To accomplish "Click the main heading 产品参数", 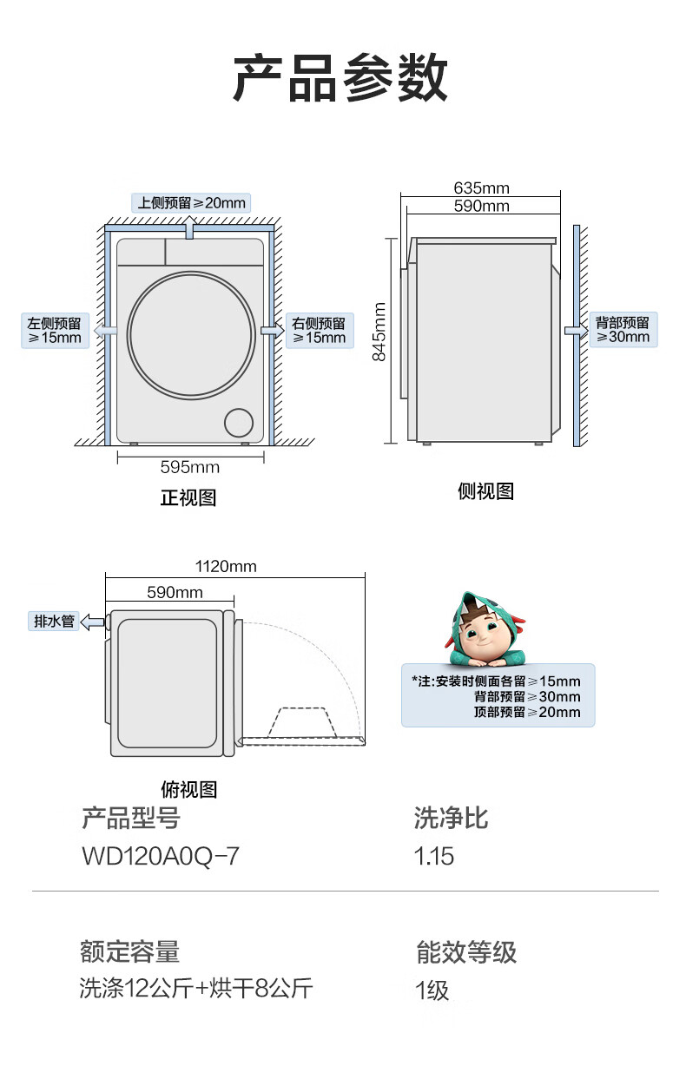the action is (340, 78).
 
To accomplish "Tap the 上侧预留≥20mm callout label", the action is (191, 203).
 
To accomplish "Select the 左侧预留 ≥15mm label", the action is (55, 331).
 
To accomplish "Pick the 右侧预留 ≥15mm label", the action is (320, 331).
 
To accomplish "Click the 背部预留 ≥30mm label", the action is (623, 330).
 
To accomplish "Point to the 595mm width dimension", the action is (190, 468).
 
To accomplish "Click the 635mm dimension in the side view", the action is (481, 188).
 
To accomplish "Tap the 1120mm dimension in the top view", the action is (226, 567).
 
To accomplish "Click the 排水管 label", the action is (54, 621).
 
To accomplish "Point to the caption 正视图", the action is (188, 498).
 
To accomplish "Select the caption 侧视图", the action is (485, 491).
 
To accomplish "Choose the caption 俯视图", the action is (188, 789).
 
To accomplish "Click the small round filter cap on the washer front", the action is (239, 423).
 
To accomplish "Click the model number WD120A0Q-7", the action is (160, 857).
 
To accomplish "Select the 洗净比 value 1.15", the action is (434, 857).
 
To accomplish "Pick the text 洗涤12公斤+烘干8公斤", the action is (196, 989).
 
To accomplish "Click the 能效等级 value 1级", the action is (432, 990).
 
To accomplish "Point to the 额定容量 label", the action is (129, 952).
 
